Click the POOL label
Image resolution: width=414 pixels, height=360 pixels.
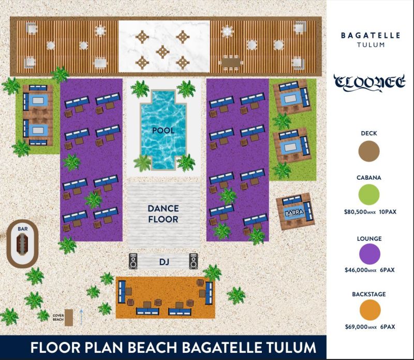tap(163, 131)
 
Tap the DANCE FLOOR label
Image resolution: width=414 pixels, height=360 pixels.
tap(163, 214)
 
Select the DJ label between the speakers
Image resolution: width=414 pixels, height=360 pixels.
tap(164, 262)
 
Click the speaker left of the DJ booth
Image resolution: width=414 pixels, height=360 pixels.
tap(133, 261)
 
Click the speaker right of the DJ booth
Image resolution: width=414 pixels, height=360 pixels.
tap(194, 261)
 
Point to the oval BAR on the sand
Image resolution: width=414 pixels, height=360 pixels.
tap(22, 243)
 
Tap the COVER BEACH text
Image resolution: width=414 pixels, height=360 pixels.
tap(58, 318)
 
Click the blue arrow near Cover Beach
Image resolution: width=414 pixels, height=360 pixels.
tap(81, 317)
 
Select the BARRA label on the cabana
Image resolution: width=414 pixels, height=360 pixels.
tap(294, 212)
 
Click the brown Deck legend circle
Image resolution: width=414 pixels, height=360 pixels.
tap(369, 151)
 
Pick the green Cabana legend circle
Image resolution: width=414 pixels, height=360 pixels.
tap(369, 195)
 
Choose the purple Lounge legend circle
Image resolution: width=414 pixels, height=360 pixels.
tap(369, 254)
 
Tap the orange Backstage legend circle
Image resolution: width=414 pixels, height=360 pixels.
tap(370, 310)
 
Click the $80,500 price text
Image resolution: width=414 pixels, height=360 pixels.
tap(356, 212)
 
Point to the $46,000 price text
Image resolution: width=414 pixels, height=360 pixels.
tap(356, 270)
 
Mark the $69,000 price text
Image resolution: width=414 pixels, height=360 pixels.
tap(357, 327)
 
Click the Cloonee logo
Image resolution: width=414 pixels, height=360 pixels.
tap(369, 82)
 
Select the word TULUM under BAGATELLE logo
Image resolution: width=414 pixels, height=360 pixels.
tap(371, 45)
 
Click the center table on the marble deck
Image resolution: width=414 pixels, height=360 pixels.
tap(162, 52)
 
